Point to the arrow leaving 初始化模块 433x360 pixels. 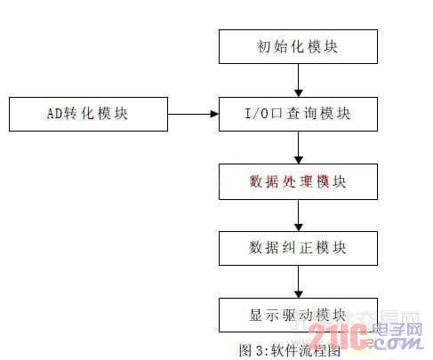coord(299,80)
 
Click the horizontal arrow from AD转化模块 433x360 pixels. coord(193,114)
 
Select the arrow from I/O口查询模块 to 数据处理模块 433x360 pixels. coord(299,148)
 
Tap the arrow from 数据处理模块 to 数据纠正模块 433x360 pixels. coord(299,215)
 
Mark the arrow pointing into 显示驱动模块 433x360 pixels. coord(299,282)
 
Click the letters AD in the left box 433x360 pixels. coord(55,114)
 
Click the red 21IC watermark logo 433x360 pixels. coord(338,336)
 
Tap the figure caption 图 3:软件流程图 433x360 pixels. coord(290,350)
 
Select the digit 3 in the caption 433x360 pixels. coord(260,351)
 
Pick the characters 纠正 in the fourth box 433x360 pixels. coord(297,248)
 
